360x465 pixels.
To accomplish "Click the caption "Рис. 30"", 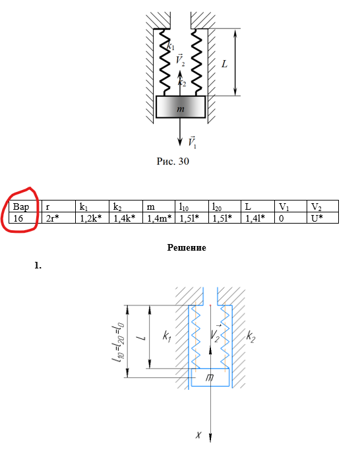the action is [x=173, y=162].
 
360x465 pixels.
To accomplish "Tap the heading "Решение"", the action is [x=187, y=247].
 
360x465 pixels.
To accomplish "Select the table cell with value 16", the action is [x=24, y=218].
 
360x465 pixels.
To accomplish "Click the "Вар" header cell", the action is [x=24, y=206].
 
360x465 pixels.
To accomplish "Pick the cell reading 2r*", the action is [x=59, y=218].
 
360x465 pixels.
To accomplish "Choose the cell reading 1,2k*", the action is [x=92, y=218].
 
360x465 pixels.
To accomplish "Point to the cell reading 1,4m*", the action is [x=159, y=218].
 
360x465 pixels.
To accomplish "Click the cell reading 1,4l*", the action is [x=258, y=218].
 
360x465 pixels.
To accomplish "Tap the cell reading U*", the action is [x=322, y=218].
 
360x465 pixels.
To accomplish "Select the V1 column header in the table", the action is [x=291, y=206].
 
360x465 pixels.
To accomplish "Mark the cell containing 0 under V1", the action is [x=291, y=218].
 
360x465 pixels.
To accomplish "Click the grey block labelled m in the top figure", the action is [x=181, y=107].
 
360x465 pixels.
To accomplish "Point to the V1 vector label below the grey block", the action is [x=192, y=142].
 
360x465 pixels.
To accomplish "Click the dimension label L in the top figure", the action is [x=224, y=64].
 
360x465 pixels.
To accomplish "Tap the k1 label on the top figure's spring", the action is [x=171, y=46].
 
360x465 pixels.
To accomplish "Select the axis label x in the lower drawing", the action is [x=198, y=435].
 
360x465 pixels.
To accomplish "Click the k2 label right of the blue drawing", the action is [x=251, y=336].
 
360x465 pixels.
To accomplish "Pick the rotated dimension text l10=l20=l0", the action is [x=118, y=342].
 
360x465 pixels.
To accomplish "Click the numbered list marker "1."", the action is [x=38, y=266].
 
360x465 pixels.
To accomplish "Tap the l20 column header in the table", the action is [x=224, y=206].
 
